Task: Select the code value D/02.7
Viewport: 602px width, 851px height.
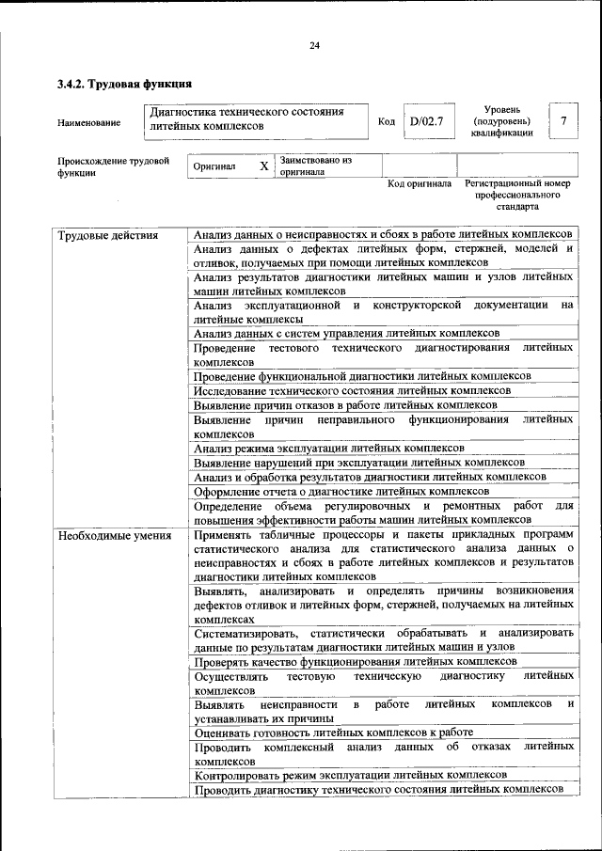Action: click(426, 121)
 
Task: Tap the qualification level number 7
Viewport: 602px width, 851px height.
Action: click(562, 121)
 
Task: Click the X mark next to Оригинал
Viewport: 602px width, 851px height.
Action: click(264, 166)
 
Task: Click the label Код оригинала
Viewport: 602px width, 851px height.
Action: click(420, 184)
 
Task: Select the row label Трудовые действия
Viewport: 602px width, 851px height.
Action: click(108, 235)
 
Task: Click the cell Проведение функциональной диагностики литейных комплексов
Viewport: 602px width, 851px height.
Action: click(362, 376)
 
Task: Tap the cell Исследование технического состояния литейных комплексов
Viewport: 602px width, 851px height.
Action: click(352, 390)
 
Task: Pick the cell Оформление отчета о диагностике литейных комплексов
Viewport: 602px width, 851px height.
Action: click(341, 491)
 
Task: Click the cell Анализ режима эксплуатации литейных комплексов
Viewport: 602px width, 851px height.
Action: click(328, 449)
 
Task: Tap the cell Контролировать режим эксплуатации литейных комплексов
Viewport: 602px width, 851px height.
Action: click(350, 775)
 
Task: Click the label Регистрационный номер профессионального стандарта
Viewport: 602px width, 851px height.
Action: click(517, 195)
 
